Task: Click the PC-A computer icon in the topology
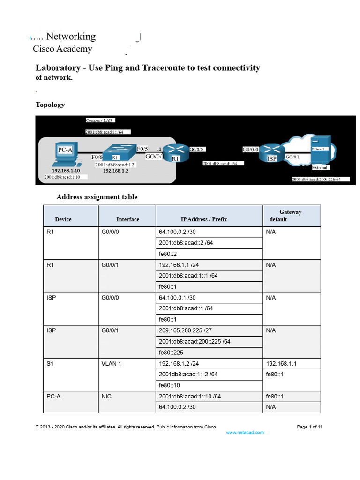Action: [64, 155]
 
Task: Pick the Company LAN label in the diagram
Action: [97, 120]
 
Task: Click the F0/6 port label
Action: [97, 157]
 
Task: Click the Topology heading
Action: [50, 105]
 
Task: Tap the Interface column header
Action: [127, 219]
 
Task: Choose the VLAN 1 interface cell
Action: [112, 363]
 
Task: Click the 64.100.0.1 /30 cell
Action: [178, 298]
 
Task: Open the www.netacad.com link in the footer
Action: [245, 432]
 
